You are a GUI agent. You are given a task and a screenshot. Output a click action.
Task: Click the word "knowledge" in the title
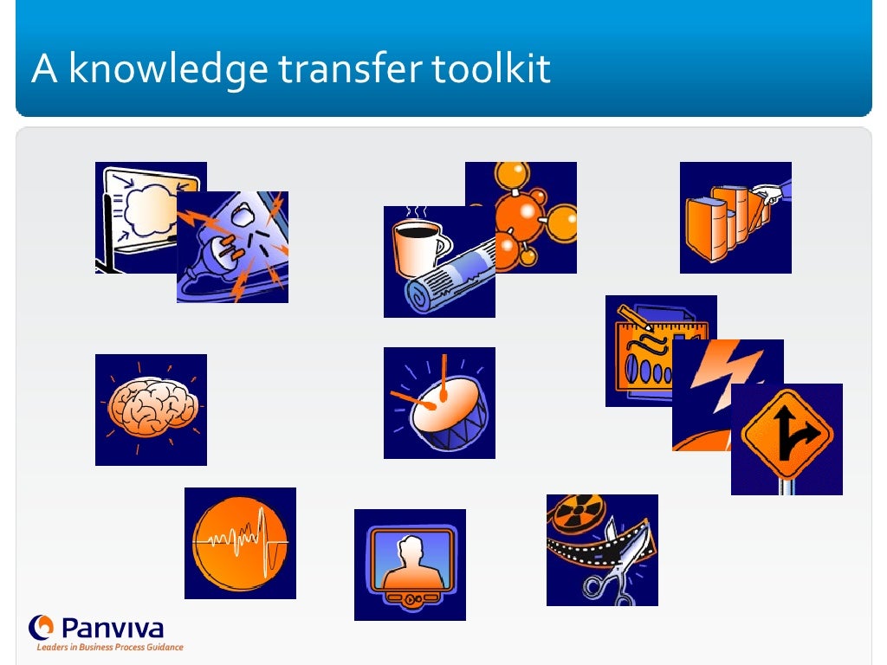pos(168,70)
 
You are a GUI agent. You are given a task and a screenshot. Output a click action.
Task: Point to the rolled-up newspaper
pos(450,277)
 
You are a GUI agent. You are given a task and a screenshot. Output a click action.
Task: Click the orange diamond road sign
pos(787,434)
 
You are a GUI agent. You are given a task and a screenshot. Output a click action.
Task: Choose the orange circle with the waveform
pos(240,543)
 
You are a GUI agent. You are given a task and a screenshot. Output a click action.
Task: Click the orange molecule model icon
pos(528,212)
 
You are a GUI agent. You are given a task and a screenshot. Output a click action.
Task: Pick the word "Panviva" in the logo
pos(111,627)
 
